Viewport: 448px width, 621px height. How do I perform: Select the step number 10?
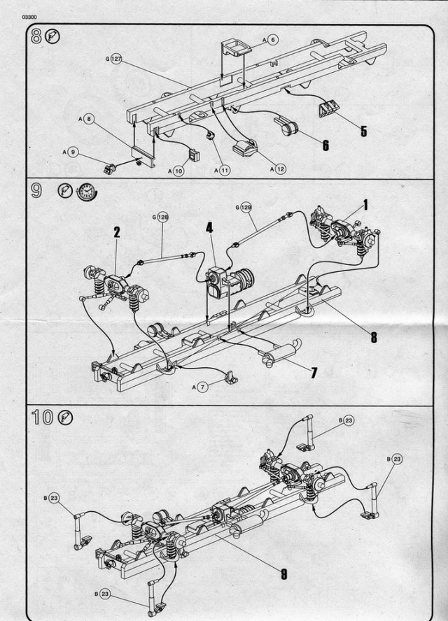pos(42,418)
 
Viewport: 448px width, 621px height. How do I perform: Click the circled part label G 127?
pos(116,60)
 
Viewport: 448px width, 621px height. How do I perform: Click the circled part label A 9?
pos(72,152)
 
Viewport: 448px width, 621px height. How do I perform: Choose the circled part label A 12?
pos(278,169)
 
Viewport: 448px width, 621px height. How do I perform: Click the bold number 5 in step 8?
pos(363,130)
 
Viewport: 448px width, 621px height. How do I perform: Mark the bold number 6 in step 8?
pos(325,145)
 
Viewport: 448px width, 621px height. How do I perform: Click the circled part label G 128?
pos(164,217)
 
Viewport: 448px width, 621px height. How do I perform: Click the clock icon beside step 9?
pos(85,191)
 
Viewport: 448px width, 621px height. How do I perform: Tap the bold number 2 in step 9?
pos(117,232)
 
